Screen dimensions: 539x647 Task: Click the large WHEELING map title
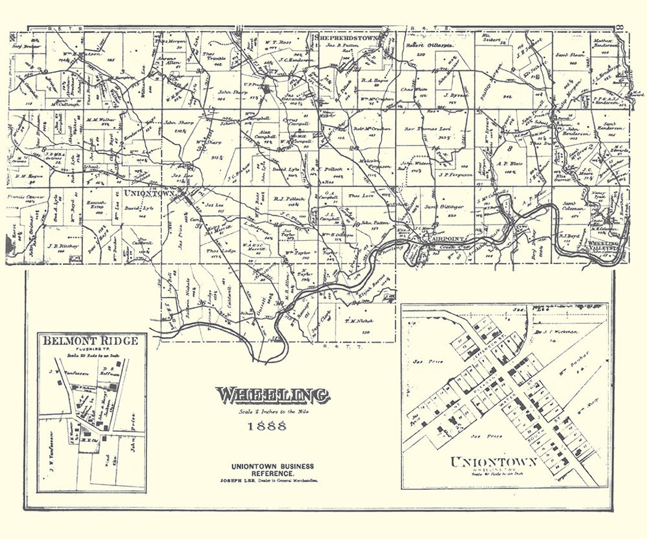273,395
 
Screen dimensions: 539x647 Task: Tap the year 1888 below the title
267,427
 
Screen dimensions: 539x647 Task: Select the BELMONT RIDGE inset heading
91,341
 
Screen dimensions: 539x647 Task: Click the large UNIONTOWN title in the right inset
494,463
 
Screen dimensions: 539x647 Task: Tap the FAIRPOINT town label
445,239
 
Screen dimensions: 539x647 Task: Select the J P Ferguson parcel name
452,175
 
